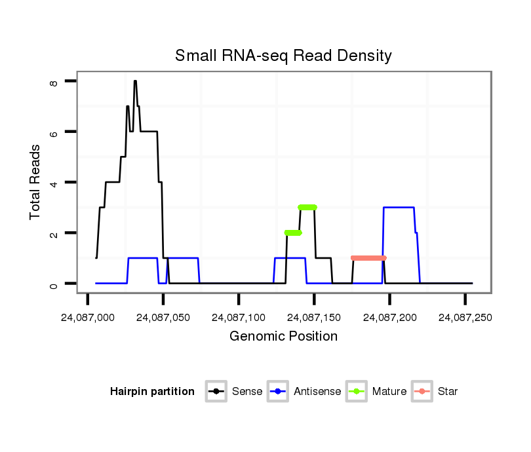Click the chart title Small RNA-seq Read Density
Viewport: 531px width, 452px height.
(x=283, y=56)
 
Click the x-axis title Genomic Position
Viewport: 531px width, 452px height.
(x=283, y=337)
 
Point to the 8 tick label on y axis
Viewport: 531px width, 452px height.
(x=54, y=82)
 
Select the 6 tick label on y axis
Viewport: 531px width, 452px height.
(x=54, y=132)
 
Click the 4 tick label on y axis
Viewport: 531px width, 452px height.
(x=54, y=183)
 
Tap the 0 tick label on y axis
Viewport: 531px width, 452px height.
(x=54, y=284)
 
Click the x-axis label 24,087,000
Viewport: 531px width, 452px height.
(x=87, y=318)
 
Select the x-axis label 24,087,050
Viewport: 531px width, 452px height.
(x=163, y=318)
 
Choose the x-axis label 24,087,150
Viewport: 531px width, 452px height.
(x=314, y=318)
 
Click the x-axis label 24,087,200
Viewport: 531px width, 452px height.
(x=389, y=318)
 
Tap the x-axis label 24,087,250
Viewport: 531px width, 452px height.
(x=465, y=318)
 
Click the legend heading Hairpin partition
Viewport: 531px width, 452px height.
(x=152, y=392)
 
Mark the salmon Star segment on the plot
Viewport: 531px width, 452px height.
(x=368, y=258)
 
